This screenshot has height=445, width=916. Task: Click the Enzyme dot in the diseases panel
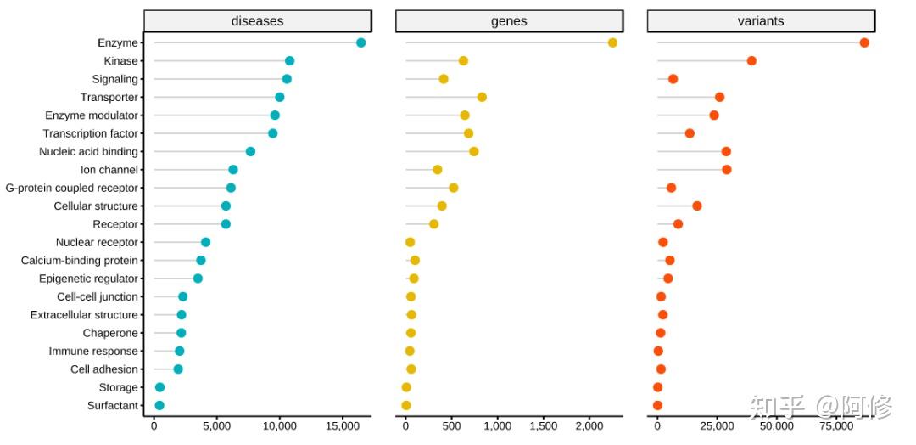360,42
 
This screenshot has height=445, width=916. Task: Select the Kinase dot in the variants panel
751,60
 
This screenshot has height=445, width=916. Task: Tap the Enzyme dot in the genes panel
612,42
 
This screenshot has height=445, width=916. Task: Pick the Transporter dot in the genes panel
482,97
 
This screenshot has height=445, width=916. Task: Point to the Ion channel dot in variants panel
726,170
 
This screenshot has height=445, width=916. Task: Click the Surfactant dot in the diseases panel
159,406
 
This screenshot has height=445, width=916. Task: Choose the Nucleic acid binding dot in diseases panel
250,151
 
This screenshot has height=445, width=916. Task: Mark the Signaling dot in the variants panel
673,79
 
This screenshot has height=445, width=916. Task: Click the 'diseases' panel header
258,21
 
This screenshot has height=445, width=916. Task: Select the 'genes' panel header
509,21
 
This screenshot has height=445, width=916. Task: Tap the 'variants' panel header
761,21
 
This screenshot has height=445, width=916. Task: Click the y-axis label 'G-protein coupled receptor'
72,188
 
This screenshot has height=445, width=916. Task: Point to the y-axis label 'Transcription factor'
91,133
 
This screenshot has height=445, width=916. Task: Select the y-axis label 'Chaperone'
110,333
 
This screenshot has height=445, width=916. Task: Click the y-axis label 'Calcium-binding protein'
80,261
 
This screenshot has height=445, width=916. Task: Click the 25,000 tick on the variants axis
717,428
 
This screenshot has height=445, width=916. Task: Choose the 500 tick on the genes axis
451,428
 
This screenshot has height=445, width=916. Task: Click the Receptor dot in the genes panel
433,224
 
